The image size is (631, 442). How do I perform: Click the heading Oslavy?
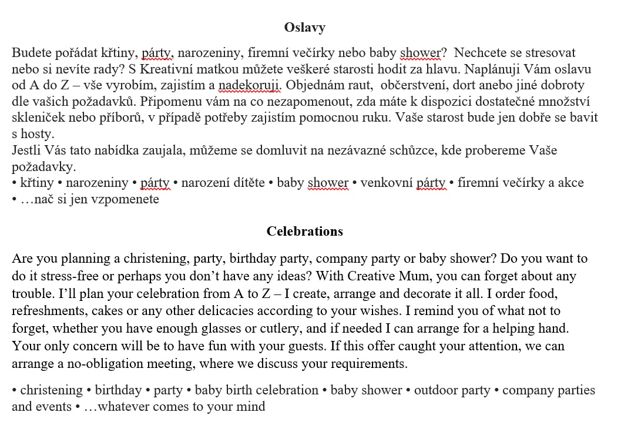pos(304,27)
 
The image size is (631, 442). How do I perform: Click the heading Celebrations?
pos(304,231)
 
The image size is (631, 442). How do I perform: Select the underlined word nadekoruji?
pos(250,85)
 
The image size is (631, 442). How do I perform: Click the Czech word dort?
pos(469,85)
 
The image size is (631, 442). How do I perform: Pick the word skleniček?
pos(40,118)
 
